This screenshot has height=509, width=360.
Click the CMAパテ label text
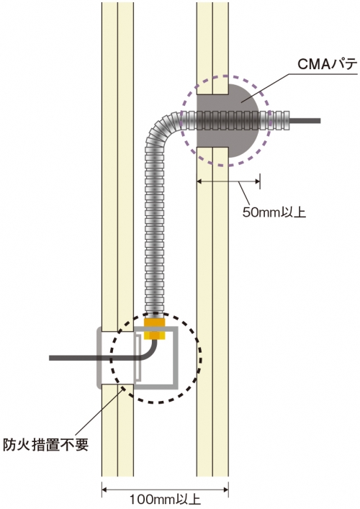click(327, 65)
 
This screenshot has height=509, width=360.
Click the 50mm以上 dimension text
click(274, 212)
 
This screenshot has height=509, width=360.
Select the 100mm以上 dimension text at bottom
click(165, 500)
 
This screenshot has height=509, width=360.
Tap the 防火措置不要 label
click(46, 444)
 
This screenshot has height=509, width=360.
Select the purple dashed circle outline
click(269, 121)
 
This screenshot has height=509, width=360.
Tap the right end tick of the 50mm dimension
click(260, 181)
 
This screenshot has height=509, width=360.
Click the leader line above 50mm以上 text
click(246, 194)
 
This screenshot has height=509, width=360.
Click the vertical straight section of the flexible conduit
click(155, 228)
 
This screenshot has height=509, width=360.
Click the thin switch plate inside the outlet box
click(138, 358)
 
